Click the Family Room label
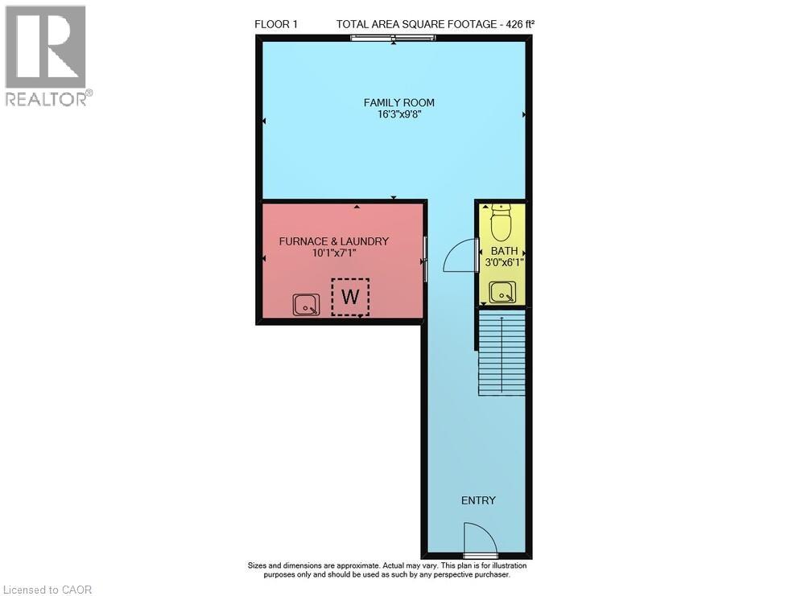click(398, 102)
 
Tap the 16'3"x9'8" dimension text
click(398, 115)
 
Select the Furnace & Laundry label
click(333, 241)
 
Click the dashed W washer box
click(349, 297)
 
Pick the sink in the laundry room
click(306, 304)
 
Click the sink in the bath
click(502, 292)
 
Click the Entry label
click(478, 500)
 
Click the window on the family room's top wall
click(393, 39)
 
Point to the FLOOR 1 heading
click(276, 24)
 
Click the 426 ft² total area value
click(518, 24)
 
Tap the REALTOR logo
click(47, 55)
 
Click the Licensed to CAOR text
click(47, 590)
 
